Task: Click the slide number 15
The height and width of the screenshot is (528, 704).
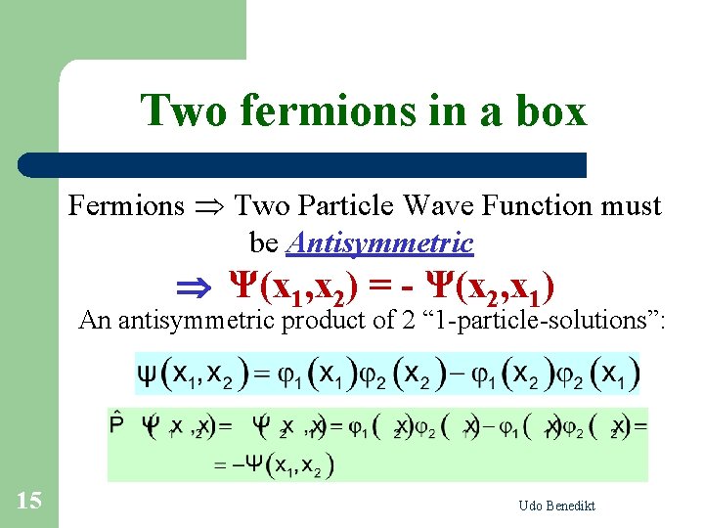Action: point(29,502)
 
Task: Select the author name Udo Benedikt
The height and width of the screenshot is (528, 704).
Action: point(557,506)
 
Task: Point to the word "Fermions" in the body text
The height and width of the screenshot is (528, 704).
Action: point(126,206)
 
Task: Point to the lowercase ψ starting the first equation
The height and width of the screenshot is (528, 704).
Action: point(146,374)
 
